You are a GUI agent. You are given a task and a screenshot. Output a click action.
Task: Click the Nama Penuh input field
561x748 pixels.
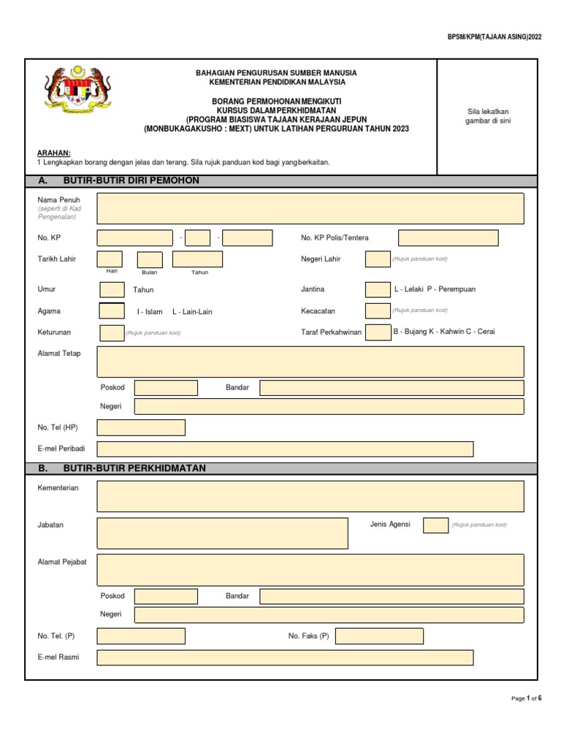(x=310, y=208)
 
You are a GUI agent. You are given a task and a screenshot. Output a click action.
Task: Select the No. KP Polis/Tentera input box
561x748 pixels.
(x=448, y=238)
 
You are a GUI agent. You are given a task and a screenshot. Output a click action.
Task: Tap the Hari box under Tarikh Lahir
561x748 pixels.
(x=110, y=259)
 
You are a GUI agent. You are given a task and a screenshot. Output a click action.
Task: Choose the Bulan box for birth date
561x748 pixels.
(x=150, y=259)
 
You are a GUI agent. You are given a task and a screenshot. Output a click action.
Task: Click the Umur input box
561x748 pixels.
(x=112, y=289)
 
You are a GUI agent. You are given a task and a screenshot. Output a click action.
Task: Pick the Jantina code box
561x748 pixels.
(x=378, y=289)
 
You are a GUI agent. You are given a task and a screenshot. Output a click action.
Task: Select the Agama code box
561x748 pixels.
(x=112, y=311)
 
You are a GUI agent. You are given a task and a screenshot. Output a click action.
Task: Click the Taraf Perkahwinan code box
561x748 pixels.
(x=378, y=332)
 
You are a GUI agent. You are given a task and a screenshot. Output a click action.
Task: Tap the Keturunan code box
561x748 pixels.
(x=112, y=333)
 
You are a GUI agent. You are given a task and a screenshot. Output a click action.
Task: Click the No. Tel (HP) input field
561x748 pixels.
(x=141, y=427)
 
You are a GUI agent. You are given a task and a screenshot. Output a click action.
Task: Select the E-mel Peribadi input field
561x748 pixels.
(x=285, y=449)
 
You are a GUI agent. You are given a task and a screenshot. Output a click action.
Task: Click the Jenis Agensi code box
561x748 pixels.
(x=436, y=525)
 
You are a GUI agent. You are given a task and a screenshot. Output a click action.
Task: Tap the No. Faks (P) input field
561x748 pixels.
(x=379, y=636)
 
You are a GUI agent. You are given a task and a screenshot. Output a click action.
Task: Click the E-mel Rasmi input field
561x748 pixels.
(x=285, y=657)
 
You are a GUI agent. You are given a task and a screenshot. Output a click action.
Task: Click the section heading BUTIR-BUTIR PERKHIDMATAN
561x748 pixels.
(x=135, y=468)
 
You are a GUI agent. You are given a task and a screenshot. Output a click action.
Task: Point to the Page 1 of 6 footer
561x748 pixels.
(x=526, y=699)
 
